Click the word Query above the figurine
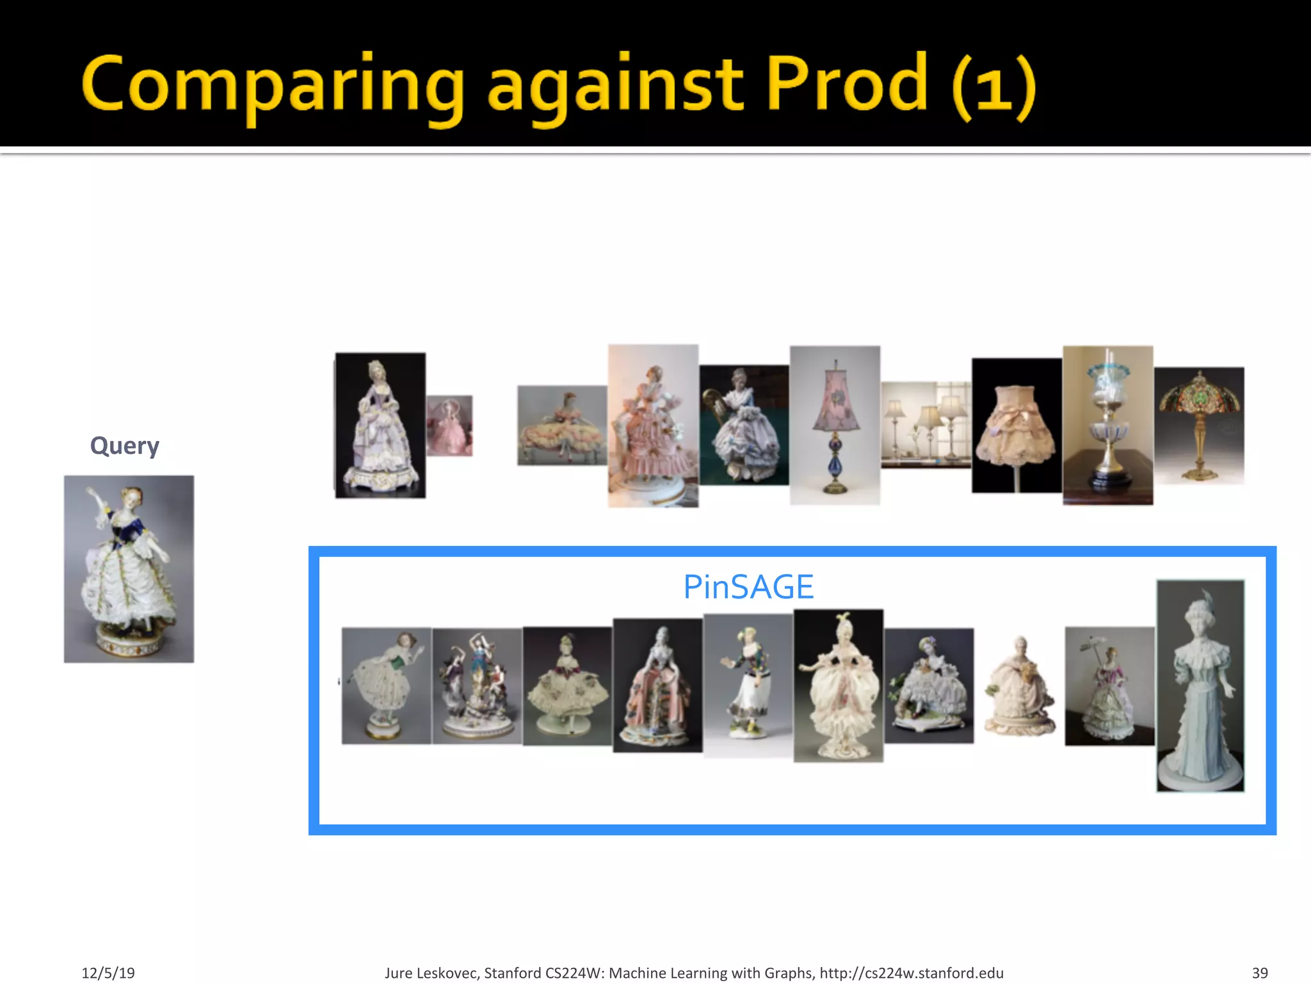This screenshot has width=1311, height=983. (124, 445)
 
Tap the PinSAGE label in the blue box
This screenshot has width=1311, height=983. (748, 587)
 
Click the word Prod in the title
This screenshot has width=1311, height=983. (846, 83)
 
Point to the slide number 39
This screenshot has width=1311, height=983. (1260, 973)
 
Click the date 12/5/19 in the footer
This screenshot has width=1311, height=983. (108, 973)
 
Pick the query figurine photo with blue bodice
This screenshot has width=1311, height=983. (129, 568)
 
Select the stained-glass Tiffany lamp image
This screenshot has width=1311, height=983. (1199, 425)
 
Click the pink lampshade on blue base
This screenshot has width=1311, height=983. (835, 425)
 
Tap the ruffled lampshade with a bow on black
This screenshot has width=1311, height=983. (1016, 425)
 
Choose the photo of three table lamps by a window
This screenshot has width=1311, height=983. (926, 425)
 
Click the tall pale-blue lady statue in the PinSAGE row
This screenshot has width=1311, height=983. (1200, 685)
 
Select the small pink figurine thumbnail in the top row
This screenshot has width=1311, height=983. (449, 426)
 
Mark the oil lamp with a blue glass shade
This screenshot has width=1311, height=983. (1107, 425)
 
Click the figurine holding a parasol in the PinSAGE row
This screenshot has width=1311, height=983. (1109, 685)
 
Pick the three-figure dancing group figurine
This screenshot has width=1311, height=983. (477, 685)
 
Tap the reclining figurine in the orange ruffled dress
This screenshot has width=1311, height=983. (562, 425)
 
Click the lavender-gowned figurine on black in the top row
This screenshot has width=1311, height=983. (380, 425)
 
